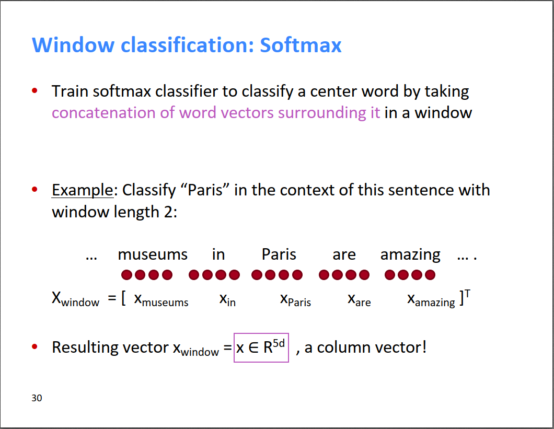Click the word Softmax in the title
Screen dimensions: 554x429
[301, 45]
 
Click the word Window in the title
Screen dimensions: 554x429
[73, 45]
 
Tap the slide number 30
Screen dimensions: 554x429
[37, 398]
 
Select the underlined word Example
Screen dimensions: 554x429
[83, 190]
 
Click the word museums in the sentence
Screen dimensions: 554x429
[153, 254]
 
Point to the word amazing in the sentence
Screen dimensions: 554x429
[410, 255]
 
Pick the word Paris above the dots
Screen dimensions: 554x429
[279, 254]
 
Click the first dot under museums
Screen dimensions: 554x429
[126, 275]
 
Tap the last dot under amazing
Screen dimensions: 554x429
[430, 275]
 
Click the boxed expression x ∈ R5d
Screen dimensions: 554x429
[261, 347]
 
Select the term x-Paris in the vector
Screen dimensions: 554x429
[295, 299]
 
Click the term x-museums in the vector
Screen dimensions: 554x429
[161, 299]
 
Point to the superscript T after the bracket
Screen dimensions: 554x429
[467, 294]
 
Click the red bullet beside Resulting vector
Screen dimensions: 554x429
[34, 346]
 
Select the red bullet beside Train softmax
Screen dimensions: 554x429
[34, 91]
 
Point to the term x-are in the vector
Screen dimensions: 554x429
[360, 299]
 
